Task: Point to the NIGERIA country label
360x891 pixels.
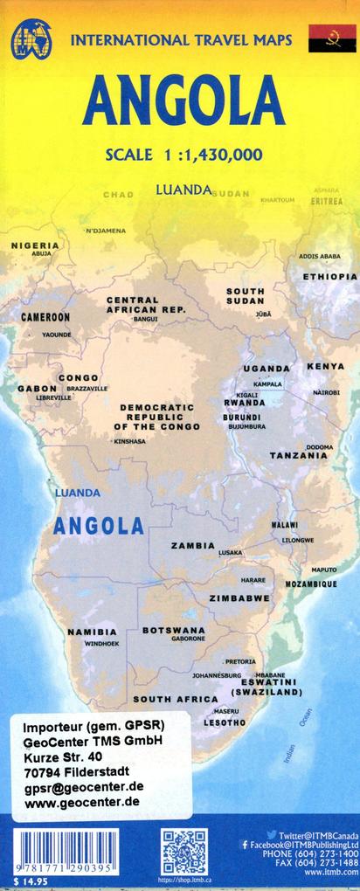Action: click(x=35, y=245)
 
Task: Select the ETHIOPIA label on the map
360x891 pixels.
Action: click(x=329, y=276)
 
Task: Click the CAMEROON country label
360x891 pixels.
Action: click(x=45, y=317)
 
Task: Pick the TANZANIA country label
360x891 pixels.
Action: click(x=298, y=456)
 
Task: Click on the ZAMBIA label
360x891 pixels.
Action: click(x=193, y=545)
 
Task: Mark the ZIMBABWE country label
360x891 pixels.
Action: click(x=239, y=598)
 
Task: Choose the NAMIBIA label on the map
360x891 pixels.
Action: click(x=92, y=632)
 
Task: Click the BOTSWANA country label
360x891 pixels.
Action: click(x=173, y=629)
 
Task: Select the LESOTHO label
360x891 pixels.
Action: click(x=225, y=722)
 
